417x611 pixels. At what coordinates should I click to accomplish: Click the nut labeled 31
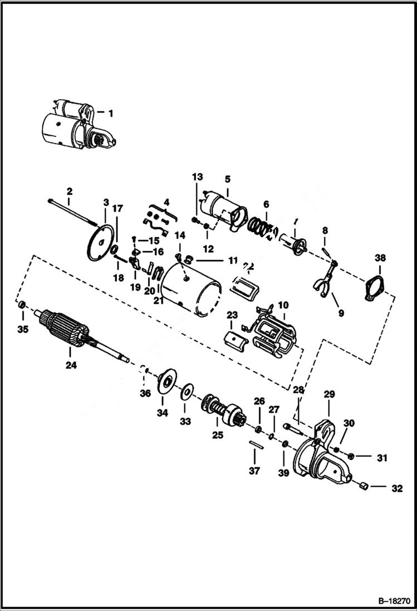tap(351, 457)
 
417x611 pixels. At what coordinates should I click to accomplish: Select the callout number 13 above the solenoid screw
tap(198, 177)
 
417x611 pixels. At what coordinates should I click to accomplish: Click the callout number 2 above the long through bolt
tap(70, 192)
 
